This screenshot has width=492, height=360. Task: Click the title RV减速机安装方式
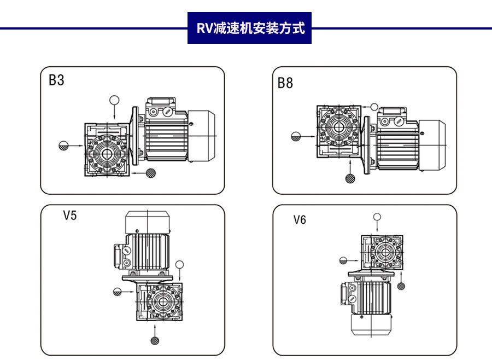pos(250,28)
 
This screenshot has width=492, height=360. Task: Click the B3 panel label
pos(56,80)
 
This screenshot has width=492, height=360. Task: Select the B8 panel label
pos(285,83)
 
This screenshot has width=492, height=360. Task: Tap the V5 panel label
pos(70,215)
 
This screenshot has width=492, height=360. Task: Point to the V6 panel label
pos(300,220)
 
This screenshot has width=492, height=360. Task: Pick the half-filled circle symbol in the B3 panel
pos(64,146)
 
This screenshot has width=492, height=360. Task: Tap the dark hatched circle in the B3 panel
pos(150,173)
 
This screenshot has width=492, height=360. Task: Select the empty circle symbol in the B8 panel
pos(374,107)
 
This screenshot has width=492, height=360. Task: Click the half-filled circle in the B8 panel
pos(297,137)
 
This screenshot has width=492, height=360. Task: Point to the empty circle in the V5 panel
pos(180,265)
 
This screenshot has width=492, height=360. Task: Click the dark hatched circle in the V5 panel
pos(155,340)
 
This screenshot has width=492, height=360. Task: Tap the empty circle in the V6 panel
pos(377,217)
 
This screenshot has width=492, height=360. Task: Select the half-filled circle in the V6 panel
pos(343,260)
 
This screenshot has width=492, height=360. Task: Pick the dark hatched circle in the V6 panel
pos(401,286)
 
